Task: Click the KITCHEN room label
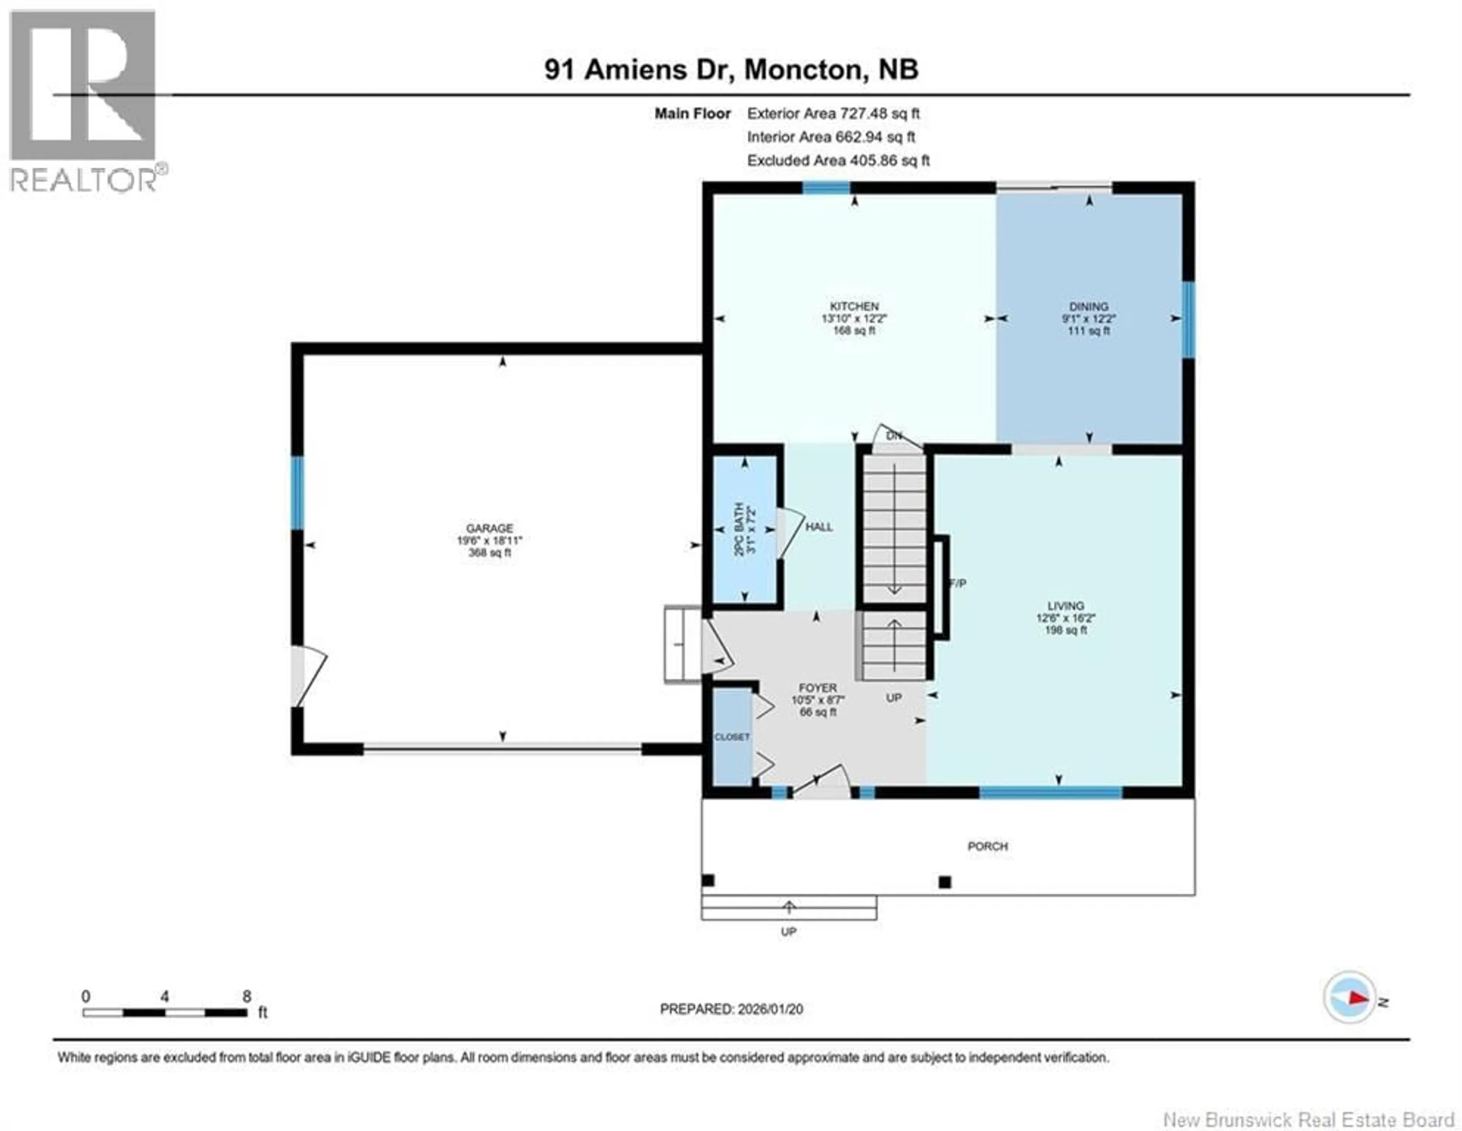[x=854, y=306]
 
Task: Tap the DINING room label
[x=1089, y=307]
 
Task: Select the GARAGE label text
[x=489, y=528]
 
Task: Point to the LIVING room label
[x=1066, y=605]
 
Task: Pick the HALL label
[x=819, y=527]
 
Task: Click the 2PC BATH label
[x=739, y=529]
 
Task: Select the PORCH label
[x=987, y=847]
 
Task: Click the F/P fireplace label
[x=958, y=583]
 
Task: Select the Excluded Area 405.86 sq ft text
[x=838, y=161]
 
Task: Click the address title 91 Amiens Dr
[x=635, y=70]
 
